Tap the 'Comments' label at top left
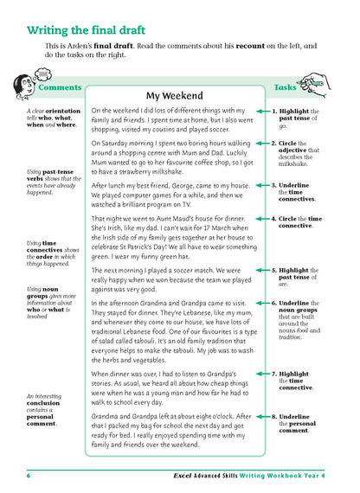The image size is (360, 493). (x=59, y=87)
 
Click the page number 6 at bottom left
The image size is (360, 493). (x=29, y=477)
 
